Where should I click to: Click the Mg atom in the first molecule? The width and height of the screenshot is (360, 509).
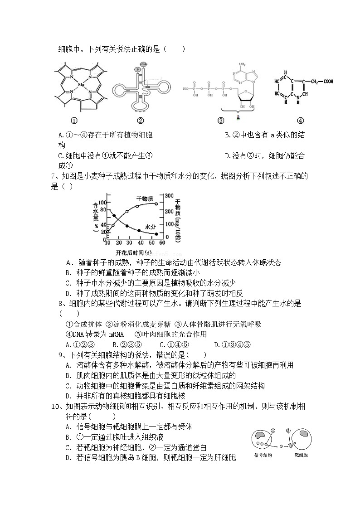point(81,85)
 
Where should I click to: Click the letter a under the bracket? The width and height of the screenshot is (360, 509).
point(238,117)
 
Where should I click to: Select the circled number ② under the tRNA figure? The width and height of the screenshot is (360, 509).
point(140,121)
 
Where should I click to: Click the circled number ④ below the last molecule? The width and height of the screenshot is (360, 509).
point(300,121)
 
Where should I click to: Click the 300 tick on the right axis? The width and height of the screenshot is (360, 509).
point(168,195)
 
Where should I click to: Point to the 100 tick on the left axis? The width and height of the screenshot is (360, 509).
point(103,202)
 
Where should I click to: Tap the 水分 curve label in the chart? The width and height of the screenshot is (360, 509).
point(151,225)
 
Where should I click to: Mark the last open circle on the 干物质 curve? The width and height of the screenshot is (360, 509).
point(156,204)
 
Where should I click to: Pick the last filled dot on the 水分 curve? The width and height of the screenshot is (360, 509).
point(156,234)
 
